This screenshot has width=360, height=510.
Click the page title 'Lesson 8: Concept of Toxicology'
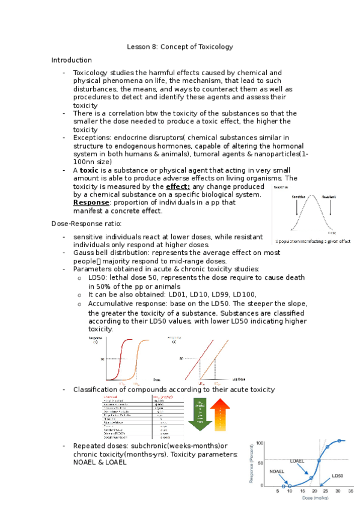[x=180, y=47]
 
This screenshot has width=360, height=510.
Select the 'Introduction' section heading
[x=72, y=60]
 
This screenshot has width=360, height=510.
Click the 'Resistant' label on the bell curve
[x=329, y=197]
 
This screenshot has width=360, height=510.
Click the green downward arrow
[x=199, y=414]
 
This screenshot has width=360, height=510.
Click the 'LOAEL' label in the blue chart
[x=297, y=444]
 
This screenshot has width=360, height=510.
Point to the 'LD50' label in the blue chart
[x=339, y=475]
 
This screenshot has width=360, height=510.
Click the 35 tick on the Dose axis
[x=350, y=491]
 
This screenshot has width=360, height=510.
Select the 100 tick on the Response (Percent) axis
[x=260, y=443]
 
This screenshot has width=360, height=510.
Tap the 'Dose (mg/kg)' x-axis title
[x=312, y=499]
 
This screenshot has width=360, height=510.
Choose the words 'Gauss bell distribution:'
[x=111, y=253]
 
